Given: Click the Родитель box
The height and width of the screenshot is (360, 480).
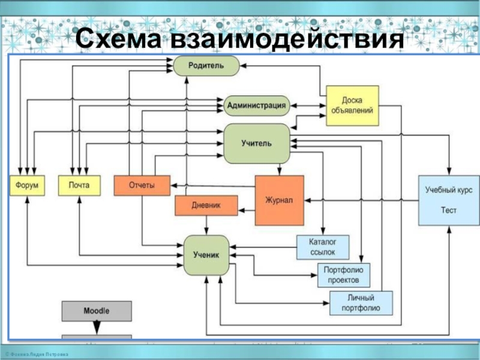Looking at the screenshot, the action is coord(206,65).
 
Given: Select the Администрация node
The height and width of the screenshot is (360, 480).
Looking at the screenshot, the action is coord(257,106).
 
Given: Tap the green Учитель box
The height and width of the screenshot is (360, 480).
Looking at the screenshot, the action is coord(257,143).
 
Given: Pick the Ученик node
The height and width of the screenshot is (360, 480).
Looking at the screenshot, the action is coord(206,255).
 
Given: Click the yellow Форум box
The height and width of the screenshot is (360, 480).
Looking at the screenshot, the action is coord(27,185).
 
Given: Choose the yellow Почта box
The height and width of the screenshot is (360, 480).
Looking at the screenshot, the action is coord(79,185).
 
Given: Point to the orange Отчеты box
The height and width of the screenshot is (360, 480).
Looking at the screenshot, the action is coord(142,185).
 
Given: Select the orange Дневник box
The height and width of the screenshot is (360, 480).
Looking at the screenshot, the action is coord(206,205).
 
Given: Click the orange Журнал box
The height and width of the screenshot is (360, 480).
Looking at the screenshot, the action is coord(280,200).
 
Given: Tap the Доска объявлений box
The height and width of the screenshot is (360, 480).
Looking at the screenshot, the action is coord(352,106).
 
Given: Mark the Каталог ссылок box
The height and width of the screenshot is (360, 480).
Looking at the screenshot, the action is coord(323,247).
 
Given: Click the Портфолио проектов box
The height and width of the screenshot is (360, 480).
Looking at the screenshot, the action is coord(344,275).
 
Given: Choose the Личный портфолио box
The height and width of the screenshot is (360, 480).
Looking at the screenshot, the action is coord(361,303).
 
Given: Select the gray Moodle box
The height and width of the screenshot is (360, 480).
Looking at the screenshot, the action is coord(97,311).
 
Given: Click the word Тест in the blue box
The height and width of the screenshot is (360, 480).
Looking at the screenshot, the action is coord(449,211).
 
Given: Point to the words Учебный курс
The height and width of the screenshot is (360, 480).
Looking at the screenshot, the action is coord(449,190).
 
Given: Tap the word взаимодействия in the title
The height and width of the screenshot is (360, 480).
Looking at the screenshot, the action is coord(287,39).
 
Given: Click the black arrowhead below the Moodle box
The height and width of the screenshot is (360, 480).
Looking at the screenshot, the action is coord(97,328).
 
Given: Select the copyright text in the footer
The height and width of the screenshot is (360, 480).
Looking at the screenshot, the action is coord(37,355).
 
